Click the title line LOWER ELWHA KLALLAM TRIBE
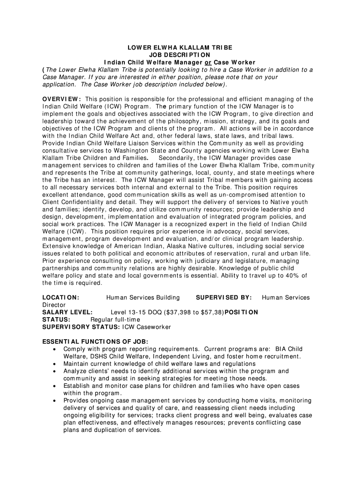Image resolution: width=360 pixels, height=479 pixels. click(x=180, y=48)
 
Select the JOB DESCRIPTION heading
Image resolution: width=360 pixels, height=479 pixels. click(x=180, y=55)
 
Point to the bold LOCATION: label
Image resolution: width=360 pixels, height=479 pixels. click(x=61, y=298)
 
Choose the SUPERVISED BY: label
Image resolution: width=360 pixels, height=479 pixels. click(x=224, y=298)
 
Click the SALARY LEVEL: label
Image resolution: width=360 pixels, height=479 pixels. click(x=67, y=312)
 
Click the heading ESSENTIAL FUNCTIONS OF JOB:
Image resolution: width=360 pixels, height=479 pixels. click(x=95, y=341)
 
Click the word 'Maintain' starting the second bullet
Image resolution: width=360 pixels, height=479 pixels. click(x=76, y=364)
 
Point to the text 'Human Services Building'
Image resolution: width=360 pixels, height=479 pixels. click(x=143, y=298)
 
